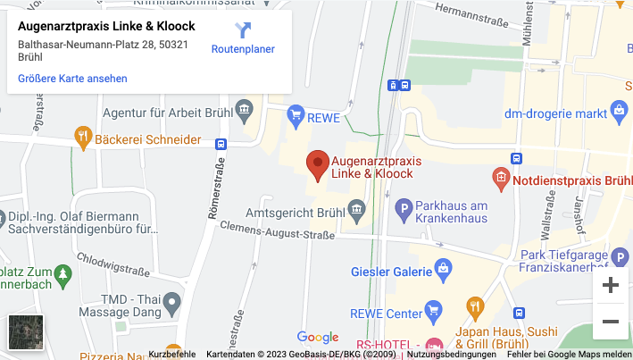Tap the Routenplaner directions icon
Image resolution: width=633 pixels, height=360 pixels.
point(243,31)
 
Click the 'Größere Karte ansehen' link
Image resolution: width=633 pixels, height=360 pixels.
point(72,79)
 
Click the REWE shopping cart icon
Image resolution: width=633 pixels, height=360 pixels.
point(296,116)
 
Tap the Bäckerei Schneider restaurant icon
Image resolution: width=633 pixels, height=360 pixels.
point(82,138)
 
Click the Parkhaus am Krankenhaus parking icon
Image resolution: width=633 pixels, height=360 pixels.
point(403,212)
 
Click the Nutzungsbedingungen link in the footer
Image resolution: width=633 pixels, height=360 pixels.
point(452,355)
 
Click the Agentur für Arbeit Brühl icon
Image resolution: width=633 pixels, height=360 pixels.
point(245,113)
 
